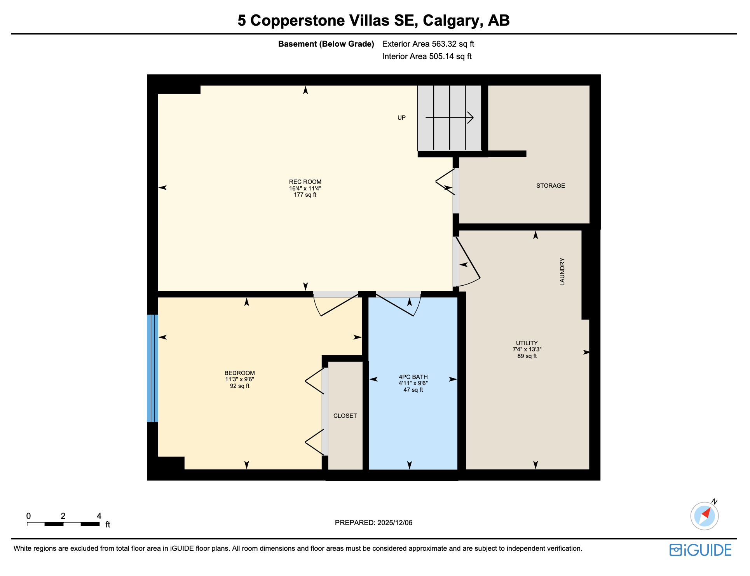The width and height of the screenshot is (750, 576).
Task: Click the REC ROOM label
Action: click(x=305, y=182)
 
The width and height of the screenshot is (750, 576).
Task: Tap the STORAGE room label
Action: click(x=550, y=186)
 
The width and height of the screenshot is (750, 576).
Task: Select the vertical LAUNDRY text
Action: click(x=562, y=271)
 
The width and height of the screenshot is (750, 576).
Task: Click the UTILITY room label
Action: click(x=527, y=343)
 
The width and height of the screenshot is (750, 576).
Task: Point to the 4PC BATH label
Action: click(x=413, y=377)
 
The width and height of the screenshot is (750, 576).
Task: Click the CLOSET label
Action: click(x=345, y=416)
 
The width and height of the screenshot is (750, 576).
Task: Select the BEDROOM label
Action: click(x=239, y=373)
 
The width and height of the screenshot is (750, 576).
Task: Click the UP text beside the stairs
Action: click(x=401, y=118)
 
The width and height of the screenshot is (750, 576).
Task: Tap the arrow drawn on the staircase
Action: click(x=450, y=117)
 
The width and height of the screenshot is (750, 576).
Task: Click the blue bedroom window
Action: click(x=152, y=368)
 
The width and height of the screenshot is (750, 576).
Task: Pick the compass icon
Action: click(x=704, y=516)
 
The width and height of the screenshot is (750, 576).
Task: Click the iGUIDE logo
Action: click(x=700, y=550)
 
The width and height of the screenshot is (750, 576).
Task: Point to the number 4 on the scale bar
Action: click(x=99, y=516)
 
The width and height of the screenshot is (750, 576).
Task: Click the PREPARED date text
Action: click(x=373, y=523)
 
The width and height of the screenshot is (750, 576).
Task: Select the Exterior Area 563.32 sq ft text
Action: click(x=428, y=44)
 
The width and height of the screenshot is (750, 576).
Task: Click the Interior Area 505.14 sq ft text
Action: click(x=427, y=56)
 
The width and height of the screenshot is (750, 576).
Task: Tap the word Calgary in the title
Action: click(x=453, y=21)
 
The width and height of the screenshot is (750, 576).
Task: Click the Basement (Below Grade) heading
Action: click(x=326, y=44)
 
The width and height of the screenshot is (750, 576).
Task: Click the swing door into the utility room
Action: click(x=468, y=262)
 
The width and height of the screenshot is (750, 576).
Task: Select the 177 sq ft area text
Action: click(x=305, y=195)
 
